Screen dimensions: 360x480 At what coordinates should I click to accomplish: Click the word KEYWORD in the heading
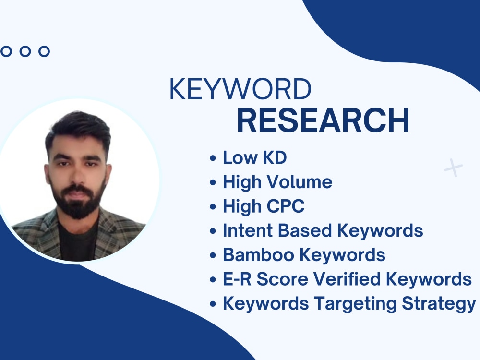[x=240, y=90]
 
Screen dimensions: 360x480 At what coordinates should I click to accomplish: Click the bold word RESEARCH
[x=323, y=121]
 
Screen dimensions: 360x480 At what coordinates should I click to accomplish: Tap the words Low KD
[x=254, y=157]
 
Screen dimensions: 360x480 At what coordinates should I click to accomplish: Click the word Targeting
[x=354, y=304]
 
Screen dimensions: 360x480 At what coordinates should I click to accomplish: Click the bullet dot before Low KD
[x=213, y=158]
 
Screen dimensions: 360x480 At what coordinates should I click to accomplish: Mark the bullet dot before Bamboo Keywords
[x=213, y=255]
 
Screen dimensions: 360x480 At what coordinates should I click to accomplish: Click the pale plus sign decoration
[x=453, y=168]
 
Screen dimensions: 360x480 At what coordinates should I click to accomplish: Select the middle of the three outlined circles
[x=25, y=51]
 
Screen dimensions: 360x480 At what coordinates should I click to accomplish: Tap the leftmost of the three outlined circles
[x=6, y=51]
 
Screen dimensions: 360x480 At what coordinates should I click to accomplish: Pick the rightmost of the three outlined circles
[x=44, y=51]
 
